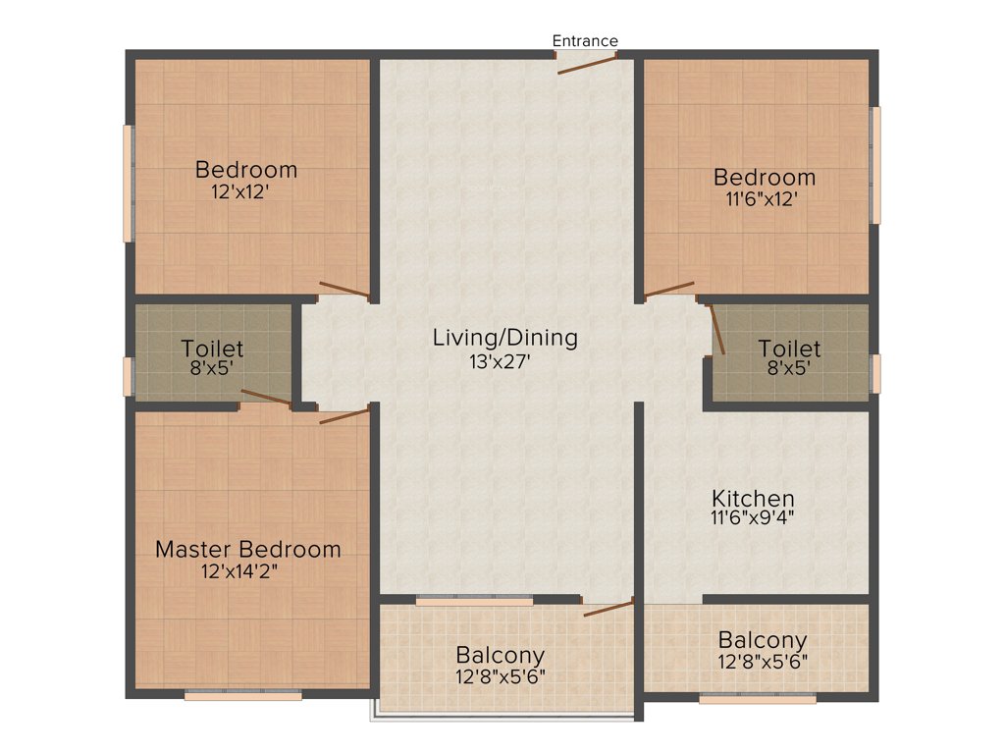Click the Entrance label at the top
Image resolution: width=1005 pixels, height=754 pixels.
click(x=585, y=41)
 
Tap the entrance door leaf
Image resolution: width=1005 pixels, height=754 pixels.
click(x=588, y=63)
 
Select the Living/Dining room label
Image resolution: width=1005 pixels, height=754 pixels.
click(x=505, y=338)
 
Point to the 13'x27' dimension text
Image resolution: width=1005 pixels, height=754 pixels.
click(x=505, y=361)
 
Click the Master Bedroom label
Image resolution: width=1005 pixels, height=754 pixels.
click(x=248, y=550)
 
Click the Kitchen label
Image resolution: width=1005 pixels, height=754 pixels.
click(x=754, y=498)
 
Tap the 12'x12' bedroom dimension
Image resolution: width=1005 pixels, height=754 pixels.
click(x=240, y=192)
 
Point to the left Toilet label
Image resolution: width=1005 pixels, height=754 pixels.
click(x=212, y=349)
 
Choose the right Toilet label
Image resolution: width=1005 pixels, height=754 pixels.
click(x=790, y=349)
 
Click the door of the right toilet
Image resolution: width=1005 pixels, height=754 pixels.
click(x=716, y=329)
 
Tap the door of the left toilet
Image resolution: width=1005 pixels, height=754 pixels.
click(x=266, y=397)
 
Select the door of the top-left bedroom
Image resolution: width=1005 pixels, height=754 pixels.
click(x=344, y=290)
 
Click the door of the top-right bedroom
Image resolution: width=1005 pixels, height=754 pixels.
click(x=668, y=289)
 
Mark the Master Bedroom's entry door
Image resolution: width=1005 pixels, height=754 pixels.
click(x=344, y=416)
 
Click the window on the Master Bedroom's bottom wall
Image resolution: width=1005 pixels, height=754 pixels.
click(x=243, y=695)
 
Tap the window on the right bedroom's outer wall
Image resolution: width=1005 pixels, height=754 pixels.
click(x=876, y=165)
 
